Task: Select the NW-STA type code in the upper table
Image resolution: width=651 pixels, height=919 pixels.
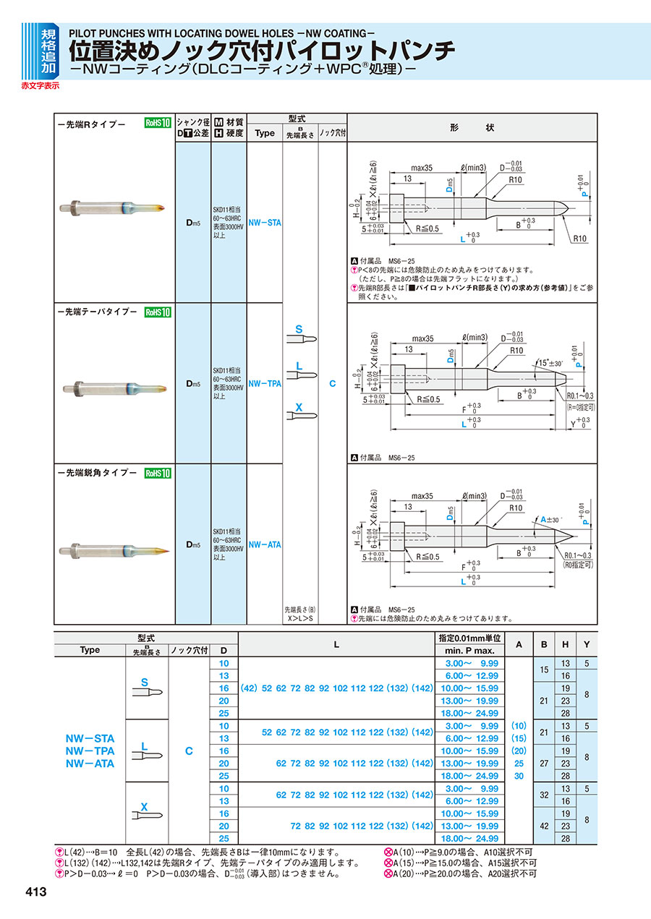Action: click(264, 223)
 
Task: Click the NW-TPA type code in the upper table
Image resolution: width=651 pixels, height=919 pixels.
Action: click(264, 384)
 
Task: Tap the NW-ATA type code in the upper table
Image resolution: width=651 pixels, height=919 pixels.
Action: click(264, 544)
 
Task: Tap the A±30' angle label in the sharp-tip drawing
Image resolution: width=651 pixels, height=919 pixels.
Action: click(551, 520)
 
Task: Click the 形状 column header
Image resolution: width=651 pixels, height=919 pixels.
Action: click(472, 127)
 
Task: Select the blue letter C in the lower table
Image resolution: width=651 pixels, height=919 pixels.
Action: click(189, 751)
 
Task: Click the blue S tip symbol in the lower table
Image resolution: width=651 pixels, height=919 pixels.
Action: click(145, 682)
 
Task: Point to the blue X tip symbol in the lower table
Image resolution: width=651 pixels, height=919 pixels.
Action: click(144, 806)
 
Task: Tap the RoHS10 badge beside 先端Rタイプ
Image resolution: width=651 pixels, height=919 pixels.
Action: click(157, 123)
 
